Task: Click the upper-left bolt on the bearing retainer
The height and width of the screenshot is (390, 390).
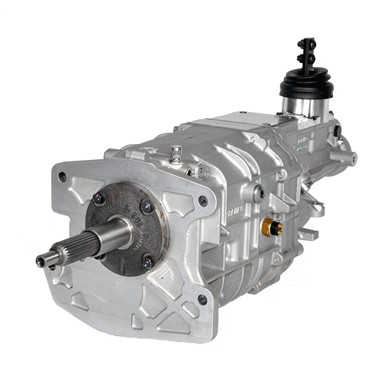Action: (x=99, y=199)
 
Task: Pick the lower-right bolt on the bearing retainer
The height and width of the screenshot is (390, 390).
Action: (x=148, y=262)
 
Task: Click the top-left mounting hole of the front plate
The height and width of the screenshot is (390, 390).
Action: (x=62, y=177)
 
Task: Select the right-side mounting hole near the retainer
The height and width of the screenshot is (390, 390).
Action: (x=202, y=200)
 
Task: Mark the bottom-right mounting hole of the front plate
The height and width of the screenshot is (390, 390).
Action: (x=202, y=299)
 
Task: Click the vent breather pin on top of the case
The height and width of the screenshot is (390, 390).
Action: (x=177, y=151)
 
